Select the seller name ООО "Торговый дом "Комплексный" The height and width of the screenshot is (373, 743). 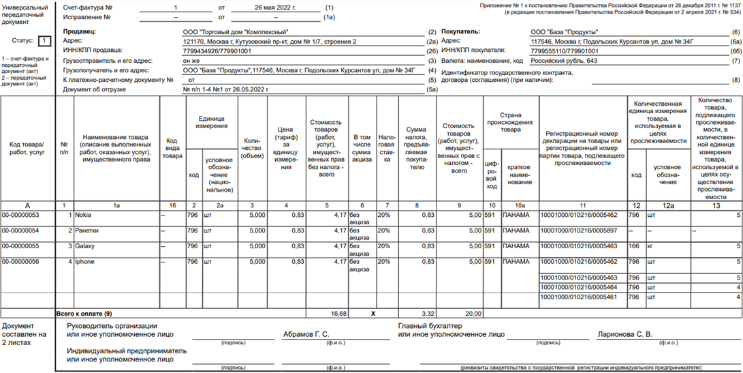tap(236, 32)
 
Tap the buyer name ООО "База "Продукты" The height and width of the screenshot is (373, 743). tap(564, 32)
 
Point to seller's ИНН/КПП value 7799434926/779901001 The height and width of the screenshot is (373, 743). tap(217, 50)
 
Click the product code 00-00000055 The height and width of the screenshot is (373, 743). tap(21, 246)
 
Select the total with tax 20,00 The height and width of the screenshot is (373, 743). tap(473, 314)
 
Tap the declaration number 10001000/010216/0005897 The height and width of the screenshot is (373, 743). tap(578, 230)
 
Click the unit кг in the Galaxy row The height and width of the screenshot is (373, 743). tap(650, 246)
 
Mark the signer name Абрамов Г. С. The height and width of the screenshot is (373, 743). tap(305, 335)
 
